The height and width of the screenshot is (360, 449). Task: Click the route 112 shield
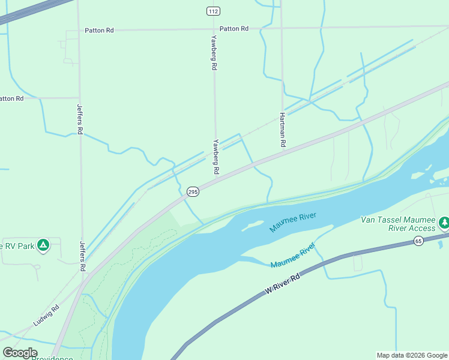tap(213, 11)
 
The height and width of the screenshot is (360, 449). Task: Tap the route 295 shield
tap(192, 191)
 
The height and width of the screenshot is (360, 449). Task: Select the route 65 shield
tap(418, 241)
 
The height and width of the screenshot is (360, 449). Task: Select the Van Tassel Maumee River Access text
tap(398, 224)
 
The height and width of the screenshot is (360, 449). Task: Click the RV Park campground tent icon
tap(43, 245)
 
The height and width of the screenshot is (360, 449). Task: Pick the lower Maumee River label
tap(292, 256)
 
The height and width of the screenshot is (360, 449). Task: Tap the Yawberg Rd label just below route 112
tap(213, 53)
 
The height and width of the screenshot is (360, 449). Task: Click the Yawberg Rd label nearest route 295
tap(215, 157)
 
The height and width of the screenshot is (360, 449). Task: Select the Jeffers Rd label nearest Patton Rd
tap(79, 119)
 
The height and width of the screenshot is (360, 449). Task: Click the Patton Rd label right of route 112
tap(234, 29)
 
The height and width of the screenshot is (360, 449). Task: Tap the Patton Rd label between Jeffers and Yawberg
tap(99, 29)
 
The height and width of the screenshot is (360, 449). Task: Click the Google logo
tap(20, 353)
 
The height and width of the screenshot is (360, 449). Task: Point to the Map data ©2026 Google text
tap(411, 355)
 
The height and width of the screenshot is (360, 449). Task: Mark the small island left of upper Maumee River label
tap(253, 225)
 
